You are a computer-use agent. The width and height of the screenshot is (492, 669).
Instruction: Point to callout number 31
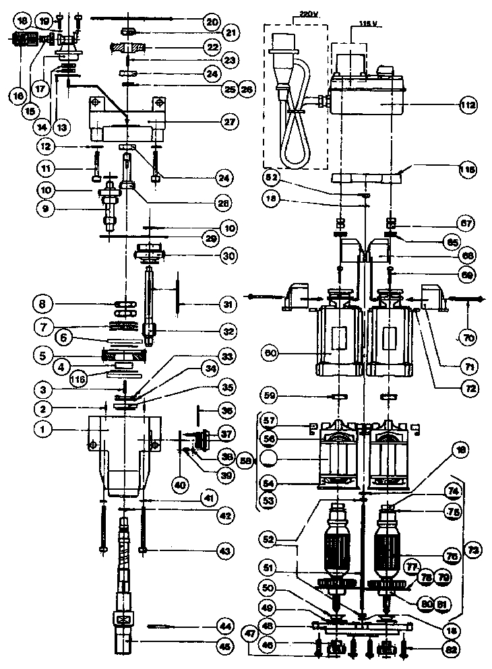click(x=230, y=305)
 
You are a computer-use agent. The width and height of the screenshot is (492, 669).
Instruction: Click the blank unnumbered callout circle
click(x=270, y=460)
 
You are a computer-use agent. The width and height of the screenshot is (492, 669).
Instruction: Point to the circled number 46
click(x=270, y=646)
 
